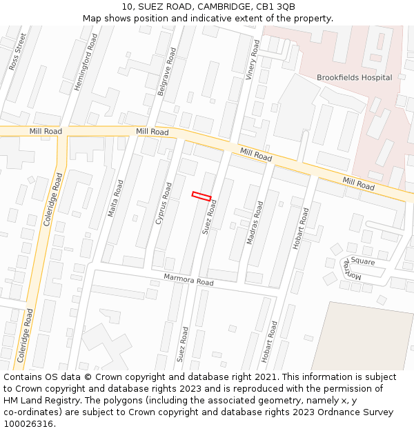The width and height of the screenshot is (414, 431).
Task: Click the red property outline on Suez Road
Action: pos(201,197)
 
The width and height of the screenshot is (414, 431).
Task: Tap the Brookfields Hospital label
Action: pos(354,78)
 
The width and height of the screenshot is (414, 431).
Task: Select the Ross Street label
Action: pos(17,52)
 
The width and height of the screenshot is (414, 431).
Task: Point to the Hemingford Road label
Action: pos(86,62)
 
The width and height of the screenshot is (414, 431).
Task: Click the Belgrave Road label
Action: pos(167,71)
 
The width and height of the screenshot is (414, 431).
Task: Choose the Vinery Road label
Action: pos(253,60)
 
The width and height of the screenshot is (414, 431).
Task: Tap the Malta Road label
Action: pos(115,199)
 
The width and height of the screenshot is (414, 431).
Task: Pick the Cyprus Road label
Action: pos(164,203)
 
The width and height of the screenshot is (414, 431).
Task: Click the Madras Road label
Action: pos(255,223)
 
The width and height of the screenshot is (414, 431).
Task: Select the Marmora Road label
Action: pos(188,280)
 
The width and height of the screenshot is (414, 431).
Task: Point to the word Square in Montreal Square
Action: pos(363,261)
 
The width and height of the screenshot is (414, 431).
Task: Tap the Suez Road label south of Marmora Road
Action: pos(181,344)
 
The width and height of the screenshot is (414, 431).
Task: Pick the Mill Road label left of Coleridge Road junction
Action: pos(46,131)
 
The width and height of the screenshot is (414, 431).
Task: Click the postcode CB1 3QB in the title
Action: pos(276,6)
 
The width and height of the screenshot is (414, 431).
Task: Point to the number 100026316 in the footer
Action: pos(28,424)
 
